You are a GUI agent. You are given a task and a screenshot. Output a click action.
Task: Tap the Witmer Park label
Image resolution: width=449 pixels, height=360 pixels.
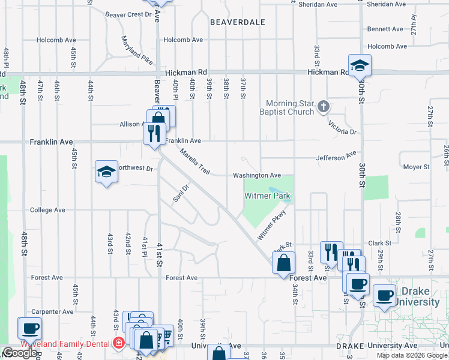[267, 196]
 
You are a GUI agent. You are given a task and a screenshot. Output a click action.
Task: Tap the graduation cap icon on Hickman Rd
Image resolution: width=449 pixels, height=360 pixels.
[360, 65]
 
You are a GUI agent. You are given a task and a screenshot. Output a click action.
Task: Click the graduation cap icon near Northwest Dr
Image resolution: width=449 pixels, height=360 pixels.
[106, 172]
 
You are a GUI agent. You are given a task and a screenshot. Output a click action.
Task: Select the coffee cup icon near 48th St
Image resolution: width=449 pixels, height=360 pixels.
[29, 328]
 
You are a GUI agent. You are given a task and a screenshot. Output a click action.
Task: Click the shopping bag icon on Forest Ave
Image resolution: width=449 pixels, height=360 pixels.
[283, 262]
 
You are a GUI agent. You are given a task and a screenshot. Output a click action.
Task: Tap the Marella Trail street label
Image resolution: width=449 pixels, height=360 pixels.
[194, 162]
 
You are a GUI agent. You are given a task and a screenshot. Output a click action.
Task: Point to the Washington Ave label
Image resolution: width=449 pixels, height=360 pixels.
[257, 175]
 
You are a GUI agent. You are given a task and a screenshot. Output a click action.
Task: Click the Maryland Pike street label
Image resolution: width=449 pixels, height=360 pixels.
[136, 50]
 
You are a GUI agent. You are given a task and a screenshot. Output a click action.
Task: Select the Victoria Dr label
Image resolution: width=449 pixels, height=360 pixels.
[342, 126]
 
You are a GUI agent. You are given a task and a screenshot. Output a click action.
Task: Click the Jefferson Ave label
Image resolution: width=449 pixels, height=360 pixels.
[337, 157]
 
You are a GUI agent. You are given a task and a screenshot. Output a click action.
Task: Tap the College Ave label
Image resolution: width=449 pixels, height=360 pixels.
[47, 210]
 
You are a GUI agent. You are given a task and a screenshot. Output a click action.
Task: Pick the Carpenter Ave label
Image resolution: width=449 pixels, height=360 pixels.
[53, 312]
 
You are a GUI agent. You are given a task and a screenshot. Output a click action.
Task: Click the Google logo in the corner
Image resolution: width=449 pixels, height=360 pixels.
[19, 353]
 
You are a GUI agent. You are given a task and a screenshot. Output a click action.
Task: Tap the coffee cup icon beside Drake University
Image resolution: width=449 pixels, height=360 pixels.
[385, 295]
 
